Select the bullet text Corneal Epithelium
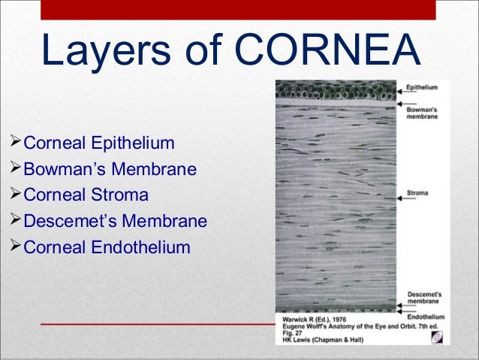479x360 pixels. point(99,143)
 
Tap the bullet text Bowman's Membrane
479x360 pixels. point(110,169)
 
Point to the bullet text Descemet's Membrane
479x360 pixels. point(116,221)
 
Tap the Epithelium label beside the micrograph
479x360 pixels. point(423,88)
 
